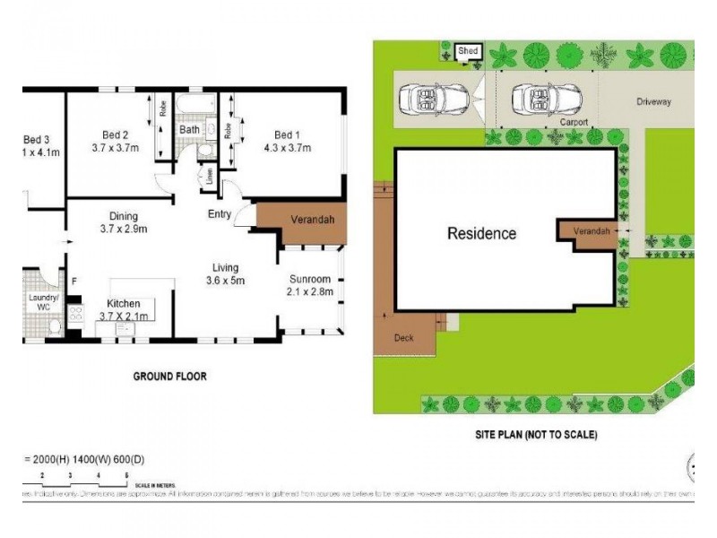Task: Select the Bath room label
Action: [x=189, y=129]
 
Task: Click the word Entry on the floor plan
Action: [x=220, y=213]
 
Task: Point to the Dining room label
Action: [x=123, y=215]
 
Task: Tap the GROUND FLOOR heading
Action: [x=169, y=377]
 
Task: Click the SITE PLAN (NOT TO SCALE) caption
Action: [x=535, y=434]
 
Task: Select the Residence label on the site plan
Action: [x=482, y=234]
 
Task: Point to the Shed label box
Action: [x=468, y=52]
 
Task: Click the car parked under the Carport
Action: [x=541, y=99]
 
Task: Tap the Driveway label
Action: [x=653, y=102]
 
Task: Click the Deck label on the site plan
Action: [x=404, y=339]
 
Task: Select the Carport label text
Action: [x=574, y=121]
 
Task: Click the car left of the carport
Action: [x=432, y=99]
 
